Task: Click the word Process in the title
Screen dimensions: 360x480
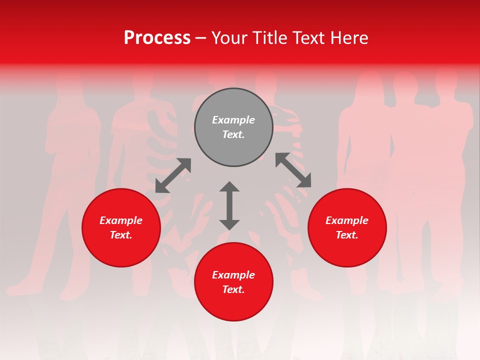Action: click(157, 38)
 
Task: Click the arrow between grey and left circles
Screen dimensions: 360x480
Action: click(173, 175)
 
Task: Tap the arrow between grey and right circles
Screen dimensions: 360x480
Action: click(293, 170)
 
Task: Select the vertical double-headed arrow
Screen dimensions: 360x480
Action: click(229, 206)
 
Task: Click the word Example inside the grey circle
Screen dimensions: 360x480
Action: click(233, 120)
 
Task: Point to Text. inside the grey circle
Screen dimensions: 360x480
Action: click(233, 134)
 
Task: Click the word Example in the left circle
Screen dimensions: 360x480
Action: click(121, 220)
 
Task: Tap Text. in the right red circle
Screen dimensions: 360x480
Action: click(347, 235)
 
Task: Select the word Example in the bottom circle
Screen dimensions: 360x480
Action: click(233, 275)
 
